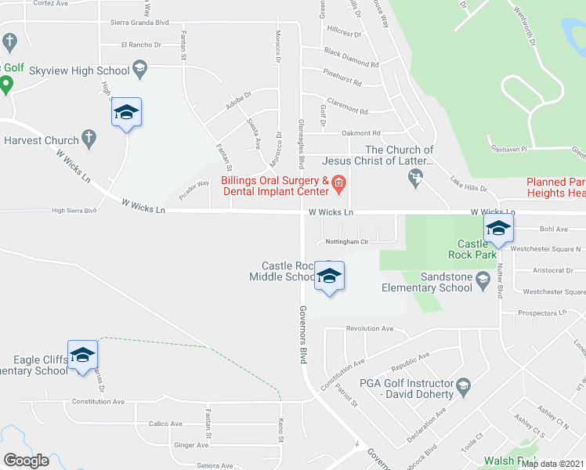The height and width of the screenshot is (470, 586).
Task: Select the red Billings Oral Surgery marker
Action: [338, 185]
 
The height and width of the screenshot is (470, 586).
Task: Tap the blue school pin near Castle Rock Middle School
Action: [330, 277]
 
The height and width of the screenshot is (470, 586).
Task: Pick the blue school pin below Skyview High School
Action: [126, 114]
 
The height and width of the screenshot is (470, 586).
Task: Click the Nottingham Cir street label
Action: [342, 242]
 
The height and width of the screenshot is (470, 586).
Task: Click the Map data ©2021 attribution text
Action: [552, 464]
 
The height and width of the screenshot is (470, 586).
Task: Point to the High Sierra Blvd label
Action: [74, 210]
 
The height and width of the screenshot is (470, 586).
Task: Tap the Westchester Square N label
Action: [545, 249]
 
